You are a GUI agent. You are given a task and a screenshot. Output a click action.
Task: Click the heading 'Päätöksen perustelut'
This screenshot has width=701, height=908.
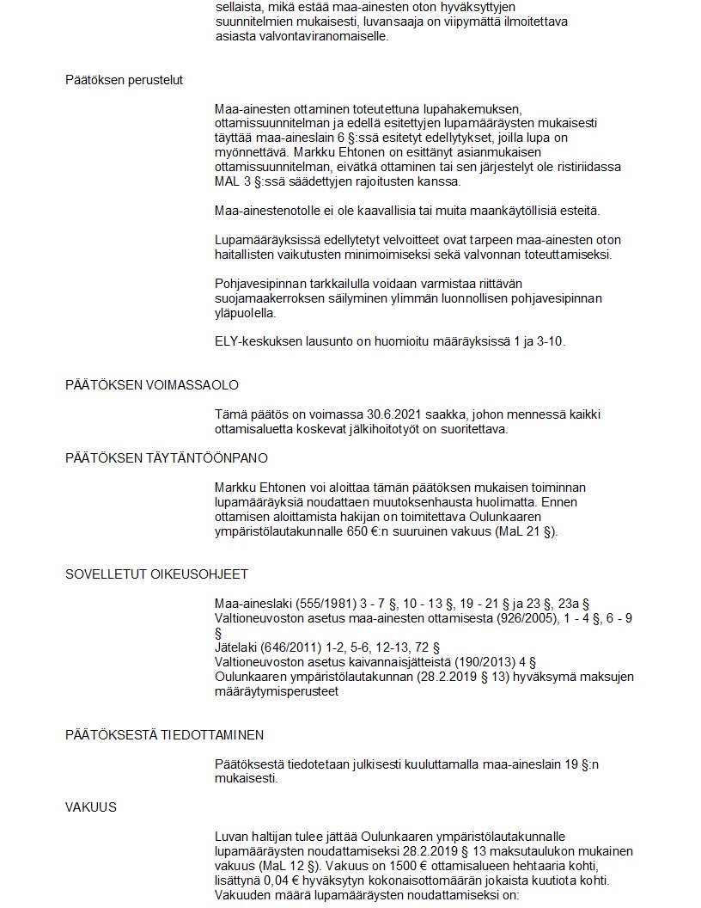pyautogui.click(x=125, y=80)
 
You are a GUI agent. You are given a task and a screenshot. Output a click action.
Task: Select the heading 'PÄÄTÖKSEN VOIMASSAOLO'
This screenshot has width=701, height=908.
pyautogui.click(x=152, y=384)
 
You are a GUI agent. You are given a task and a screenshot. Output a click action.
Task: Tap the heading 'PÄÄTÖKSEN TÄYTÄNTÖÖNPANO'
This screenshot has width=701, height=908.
pyautogui.click(x=167, y=458)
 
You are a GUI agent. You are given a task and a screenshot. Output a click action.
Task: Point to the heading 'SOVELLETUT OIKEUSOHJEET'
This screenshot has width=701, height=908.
pyautogui.click(x=156, y=574)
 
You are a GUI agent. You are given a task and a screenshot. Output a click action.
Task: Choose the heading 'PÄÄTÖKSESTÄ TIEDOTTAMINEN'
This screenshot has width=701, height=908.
pyautogui.click(x=164, y=735)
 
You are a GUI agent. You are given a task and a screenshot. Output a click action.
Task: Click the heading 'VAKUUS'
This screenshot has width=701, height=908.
pyautogui.click(x=91, y=807)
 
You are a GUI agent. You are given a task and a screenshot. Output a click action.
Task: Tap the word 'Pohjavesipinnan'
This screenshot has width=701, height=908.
pyautogui.click(x=262, y=283)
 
